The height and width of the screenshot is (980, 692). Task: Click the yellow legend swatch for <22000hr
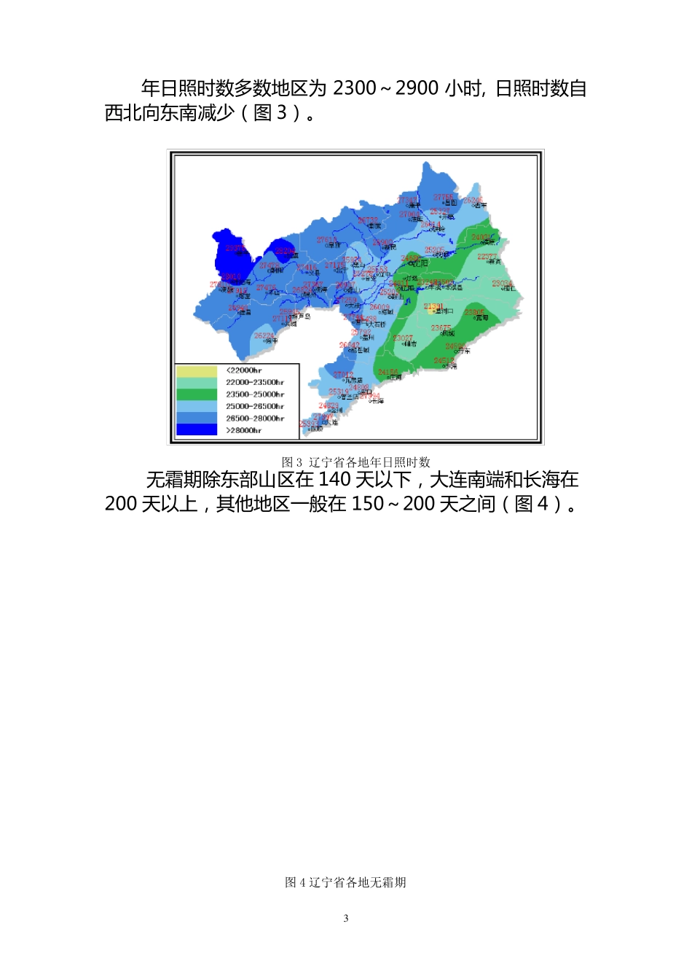click(197, 371)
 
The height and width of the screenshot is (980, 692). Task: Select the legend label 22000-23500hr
click(254, 383)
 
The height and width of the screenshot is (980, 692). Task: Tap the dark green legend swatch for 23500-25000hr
click(197, 394)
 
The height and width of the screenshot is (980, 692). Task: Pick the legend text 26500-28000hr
click(254, 419)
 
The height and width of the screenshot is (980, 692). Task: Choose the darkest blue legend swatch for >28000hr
click(197, 430)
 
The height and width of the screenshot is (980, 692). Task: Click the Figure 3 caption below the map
click(355, 462)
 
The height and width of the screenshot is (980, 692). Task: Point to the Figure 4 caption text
click(345, 882)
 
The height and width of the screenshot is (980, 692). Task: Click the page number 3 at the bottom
click(346, 918)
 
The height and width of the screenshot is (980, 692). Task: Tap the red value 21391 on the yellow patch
click(433, 306)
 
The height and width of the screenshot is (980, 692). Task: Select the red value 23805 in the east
click(474, 313)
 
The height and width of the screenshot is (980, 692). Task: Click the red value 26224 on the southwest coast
click(264, 335)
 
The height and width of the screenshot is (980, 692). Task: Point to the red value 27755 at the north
click(444, 197)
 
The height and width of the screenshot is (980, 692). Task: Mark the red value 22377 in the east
click(487, 257)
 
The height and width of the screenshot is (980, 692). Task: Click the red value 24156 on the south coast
click(388, 373)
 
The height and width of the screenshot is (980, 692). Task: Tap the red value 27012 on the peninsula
click(343, 375)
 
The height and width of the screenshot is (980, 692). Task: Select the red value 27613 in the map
click(326, 240)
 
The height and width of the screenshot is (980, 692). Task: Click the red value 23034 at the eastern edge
click(502, 284)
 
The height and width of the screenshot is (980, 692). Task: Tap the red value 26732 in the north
click(368, 220)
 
